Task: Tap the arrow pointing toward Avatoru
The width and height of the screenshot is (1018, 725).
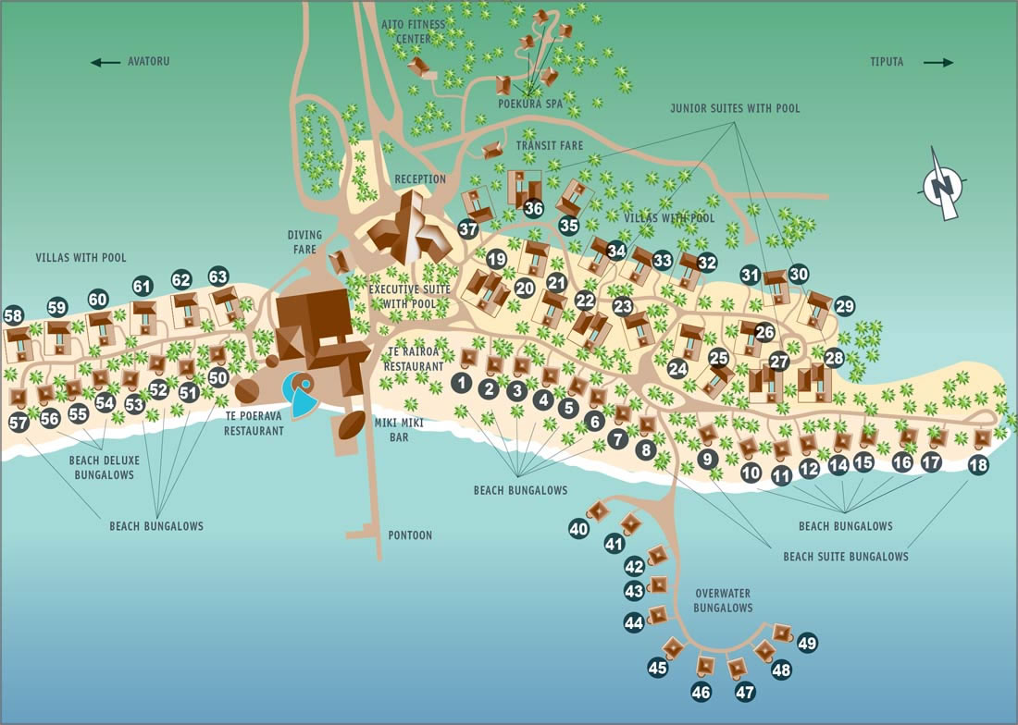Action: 106,62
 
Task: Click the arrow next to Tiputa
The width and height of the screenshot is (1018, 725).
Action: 938,62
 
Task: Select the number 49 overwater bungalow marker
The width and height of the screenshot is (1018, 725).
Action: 807,643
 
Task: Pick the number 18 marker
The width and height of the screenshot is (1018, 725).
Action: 978,464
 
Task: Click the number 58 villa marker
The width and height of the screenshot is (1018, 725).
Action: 13,316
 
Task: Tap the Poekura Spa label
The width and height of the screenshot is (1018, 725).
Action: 530,104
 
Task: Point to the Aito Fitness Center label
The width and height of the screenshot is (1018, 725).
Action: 414,31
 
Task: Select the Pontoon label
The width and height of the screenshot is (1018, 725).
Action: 410,535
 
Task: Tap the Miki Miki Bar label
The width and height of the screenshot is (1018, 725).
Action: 399,430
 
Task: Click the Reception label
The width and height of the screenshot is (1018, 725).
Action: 421,179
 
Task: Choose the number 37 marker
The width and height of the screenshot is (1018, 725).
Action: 468,228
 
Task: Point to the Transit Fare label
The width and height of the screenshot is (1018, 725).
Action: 550,146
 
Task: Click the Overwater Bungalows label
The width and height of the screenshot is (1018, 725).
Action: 724,600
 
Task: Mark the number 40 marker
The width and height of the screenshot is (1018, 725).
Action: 578,529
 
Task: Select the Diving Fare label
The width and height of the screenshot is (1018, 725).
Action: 304,242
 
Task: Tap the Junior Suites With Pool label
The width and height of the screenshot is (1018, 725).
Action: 735,108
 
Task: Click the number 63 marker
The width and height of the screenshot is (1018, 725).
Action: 218,276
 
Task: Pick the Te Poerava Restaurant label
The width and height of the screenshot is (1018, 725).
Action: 254,424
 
